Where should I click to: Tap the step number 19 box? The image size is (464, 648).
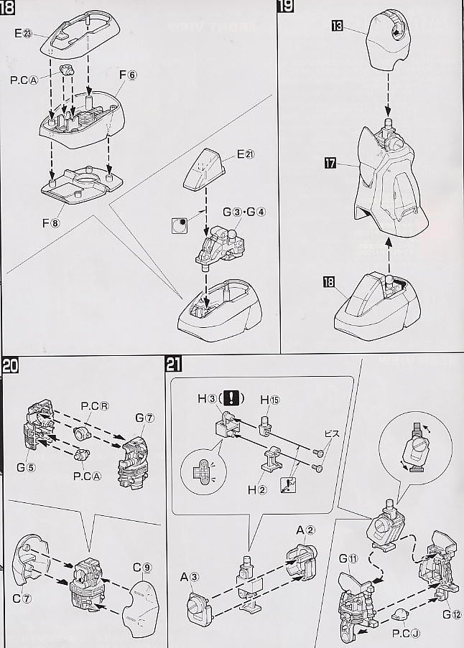(x=285, y=8)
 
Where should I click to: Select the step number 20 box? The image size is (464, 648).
(x=10, y=364)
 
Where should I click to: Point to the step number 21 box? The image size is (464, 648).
(x=173, y=364)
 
